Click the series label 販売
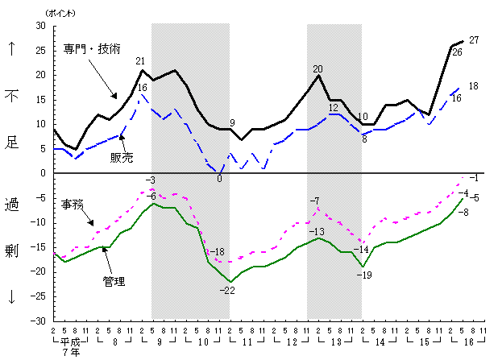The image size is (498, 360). coord(121,156)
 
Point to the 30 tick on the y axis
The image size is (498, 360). coord(38,26)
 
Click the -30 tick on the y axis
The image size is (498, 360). coord(36,321)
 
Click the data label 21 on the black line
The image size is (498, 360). coord(140,61)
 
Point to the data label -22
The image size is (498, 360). coord(229,290)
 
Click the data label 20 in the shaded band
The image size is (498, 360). coord(317,68)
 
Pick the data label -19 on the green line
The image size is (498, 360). coord(363,275)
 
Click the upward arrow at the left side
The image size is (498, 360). coord(12,48)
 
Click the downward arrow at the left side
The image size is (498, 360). coord(12,296)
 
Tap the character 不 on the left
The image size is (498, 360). coord(12,97)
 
